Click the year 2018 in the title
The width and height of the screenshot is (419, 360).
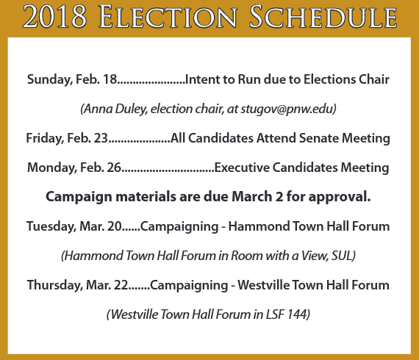point(54,17)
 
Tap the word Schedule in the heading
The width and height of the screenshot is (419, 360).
point(323,17)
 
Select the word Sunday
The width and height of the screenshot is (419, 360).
point(50,80)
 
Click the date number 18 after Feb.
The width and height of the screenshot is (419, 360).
point(110,79)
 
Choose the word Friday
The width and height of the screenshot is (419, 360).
point(45,139)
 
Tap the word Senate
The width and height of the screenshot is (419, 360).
point(319,138)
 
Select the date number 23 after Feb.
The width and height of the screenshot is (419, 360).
point(101,138)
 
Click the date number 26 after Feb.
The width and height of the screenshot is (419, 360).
point(114,168)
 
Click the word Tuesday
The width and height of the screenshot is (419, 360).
point(51,227)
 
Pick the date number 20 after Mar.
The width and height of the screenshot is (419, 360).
point(115,226)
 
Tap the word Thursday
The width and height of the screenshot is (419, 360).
point(55,286)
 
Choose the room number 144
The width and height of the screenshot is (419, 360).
point(297,314)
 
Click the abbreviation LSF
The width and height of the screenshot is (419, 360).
point(275,314)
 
